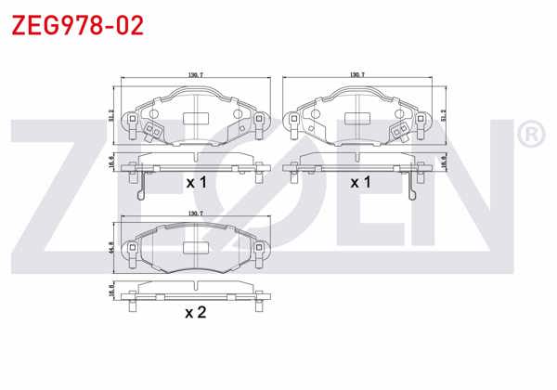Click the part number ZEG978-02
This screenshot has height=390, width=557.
pyautogui.click(x=76, y=25)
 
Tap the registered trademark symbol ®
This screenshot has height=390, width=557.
pyautogui.click(x=530, y=136)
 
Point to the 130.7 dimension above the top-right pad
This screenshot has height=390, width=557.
pyautogui.click(x=356, y=74)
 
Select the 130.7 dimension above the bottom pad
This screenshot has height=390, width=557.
pyautogui.click(x=195, y=214)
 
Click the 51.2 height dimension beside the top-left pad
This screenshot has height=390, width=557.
pyautogui.click(x=112, y=116)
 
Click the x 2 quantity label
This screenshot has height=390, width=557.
pyautogui.click(x=195, y=313)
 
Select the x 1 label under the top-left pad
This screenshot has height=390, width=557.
pyautogui.click(x=196, y=183)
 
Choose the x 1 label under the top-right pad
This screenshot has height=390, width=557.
pyautogui.click(x=359, y=183)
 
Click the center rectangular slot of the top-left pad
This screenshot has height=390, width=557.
pyautogui.click(x=196, y=118)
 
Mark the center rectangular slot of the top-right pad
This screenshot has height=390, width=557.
pyautogui.click(x=359, y=118)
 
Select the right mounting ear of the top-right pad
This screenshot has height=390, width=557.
pyautogui.click(x=423, y=120)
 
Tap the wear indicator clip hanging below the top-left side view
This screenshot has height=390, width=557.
pyautogui.click(x=140, y=188)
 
